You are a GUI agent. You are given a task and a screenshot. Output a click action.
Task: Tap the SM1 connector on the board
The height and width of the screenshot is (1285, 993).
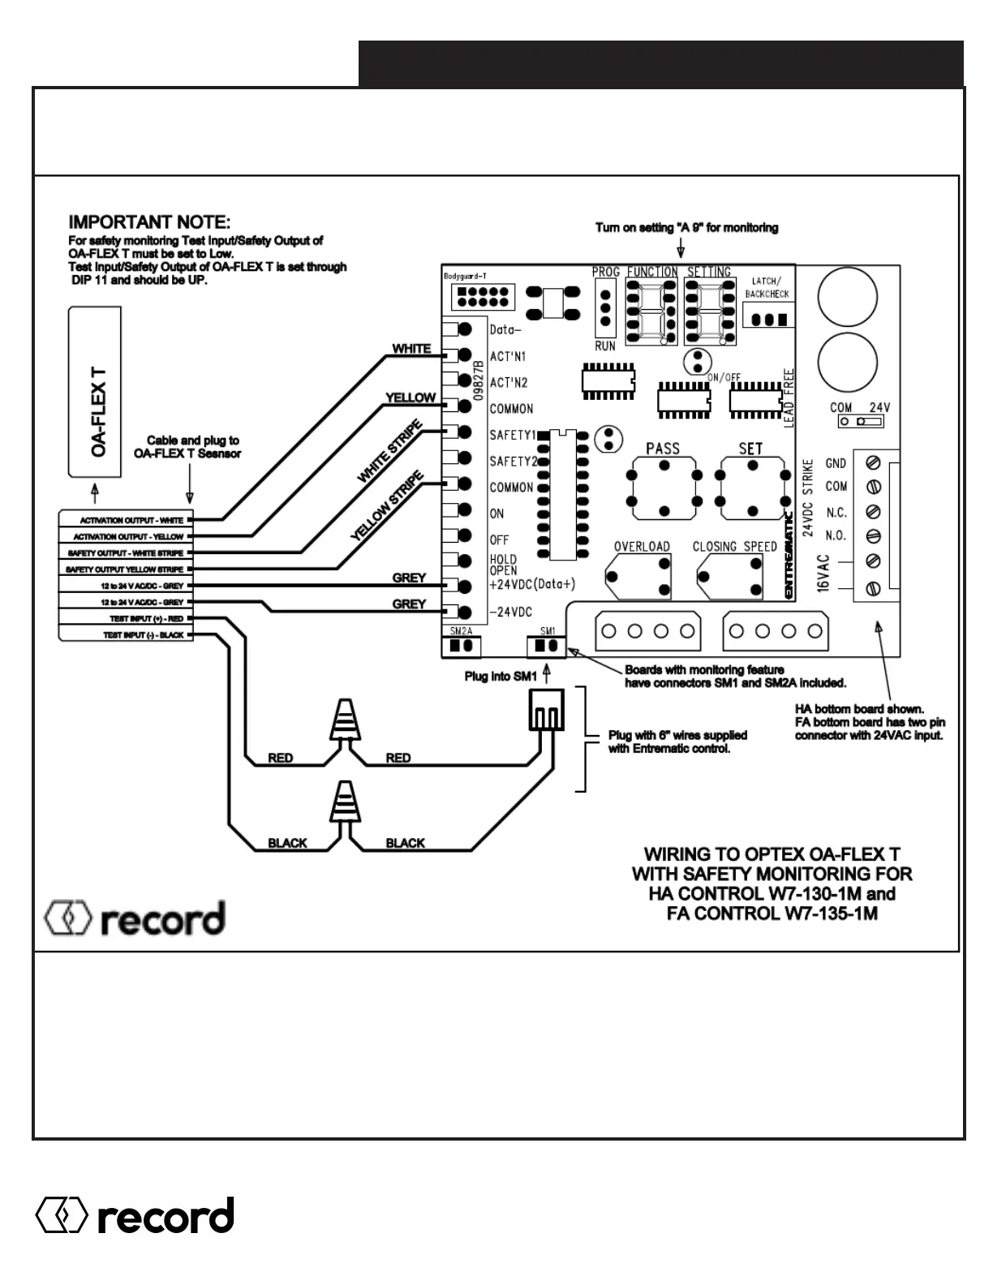(x=546, y=646)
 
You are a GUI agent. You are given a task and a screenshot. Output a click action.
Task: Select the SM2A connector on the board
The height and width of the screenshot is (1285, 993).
(x=462, y=646)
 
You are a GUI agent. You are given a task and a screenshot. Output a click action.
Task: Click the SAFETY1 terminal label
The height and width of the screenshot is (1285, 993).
(x=513, y=436)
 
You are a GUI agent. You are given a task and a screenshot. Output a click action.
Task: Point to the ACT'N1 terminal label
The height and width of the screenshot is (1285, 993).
(x=508, y=357)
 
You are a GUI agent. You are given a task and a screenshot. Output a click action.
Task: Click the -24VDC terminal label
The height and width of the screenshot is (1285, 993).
(x=510, y=612)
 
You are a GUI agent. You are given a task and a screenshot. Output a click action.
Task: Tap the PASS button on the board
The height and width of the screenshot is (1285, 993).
(x=664, y=488)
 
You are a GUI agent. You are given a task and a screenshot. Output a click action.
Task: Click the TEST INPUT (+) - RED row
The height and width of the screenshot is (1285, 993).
(x=126, y=619)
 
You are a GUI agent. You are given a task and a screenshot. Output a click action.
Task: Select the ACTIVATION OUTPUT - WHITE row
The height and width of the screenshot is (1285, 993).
(x=126, y=520)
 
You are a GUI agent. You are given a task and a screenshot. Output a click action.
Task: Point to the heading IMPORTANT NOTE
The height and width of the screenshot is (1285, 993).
(x=149, y=222)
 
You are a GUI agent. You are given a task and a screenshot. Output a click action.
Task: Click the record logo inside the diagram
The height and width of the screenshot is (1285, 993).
(x=135, y=918)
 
